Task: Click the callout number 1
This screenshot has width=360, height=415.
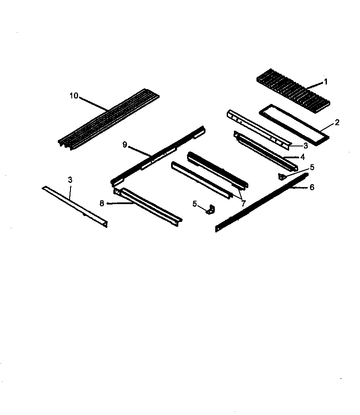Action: [x=326, y=82]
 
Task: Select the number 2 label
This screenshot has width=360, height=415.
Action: [x=337, y=123]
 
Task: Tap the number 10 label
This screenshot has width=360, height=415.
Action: [x=73, y=96]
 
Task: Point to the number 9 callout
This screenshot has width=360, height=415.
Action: [x=125, y=145]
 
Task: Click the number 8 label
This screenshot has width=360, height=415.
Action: [x=102, y=203]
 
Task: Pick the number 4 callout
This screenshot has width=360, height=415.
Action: [x=302, y=157]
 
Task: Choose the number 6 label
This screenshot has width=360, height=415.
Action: [x=312, y=187]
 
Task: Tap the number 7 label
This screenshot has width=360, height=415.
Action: [x=243, y=203]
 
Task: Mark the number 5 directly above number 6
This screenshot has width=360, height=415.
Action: [x=312, y=167]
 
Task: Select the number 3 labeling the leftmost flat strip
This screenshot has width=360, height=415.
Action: [x=70, y=180]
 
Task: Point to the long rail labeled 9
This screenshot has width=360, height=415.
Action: [x=157, y=156]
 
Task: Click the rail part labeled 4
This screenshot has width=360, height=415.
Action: [x=263, y=149]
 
